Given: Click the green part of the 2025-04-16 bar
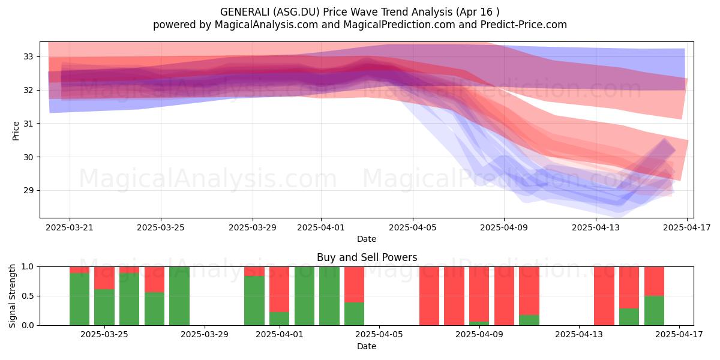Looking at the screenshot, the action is coord(654,311).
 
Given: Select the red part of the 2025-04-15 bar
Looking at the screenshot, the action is coord(629,287).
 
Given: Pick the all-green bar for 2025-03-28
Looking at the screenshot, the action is coord(179,296).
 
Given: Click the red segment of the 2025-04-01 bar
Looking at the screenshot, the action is coord(280,289).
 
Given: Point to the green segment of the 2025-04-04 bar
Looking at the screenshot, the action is coord(354,314).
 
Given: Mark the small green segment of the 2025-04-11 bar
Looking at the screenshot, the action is coord(529,320).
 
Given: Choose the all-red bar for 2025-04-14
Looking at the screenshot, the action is coord(604,296).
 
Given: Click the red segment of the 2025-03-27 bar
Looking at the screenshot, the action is coord(154,280).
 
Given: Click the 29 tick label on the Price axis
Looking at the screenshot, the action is coord(28,190).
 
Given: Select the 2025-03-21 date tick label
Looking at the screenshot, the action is coord(70,227).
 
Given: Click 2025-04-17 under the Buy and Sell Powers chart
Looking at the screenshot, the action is coord(679,334).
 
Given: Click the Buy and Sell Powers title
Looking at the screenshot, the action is coord(367,257).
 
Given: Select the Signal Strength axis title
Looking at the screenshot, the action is coord(12,296).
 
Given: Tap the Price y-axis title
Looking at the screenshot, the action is coord(16,131).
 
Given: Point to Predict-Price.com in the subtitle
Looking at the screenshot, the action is coord(524,25).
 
